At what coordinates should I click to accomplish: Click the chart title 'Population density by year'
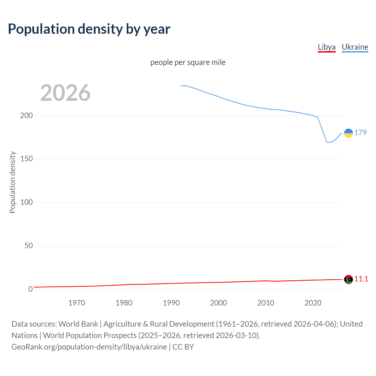pyautogui.click(x=89, y=29)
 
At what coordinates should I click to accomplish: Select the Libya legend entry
pyautogui.click(x=326, y=47)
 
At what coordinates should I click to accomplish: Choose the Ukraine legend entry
pyautogui.click(x=355, y=47)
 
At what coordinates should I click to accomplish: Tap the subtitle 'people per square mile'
pyautogui.click(x=188, y=62)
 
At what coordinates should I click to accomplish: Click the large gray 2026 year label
pyautogui.click(x=65, y=93)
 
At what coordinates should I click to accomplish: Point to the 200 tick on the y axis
pyautogui.click(x=26, y=115)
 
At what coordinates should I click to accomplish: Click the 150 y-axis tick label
pyautogui.click(x=26, y=159)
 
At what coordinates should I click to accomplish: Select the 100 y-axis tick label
pyautogui.click(x=26, y=202)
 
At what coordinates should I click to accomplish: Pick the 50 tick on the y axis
pyautogui.click(x=28, y=246)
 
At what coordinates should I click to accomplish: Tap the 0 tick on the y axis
pyautogui.click(x=31, y=289)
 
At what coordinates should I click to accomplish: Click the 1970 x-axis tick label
pyautogui.click(x=77, y=303)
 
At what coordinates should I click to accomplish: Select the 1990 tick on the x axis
pyautogui.click(x=171, y=303)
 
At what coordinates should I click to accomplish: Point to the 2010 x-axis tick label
pyautogui.click(x=266, y=303)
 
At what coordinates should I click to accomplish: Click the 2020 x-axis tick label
pyautogui.click(x=313, y=303)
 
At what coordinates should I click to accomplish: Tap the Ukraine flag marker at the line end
pyautogui.click(x=348, y=133)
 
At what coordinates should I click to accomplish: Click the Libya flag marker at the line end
pyautogui.click(x=348, y=279)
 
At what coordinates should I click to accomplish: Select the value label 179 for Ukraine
pyautogui.click(x=360, y=132)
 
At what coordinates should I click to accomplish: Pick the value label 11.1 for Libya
pyautogui.click(x=361, y=279)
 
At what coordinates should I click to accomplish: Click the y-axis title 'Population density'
pyautogui.click(x=12, y=182)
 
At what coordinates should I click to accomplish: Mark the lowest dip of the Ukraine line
pyautogui.click(x=327, y=142)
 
